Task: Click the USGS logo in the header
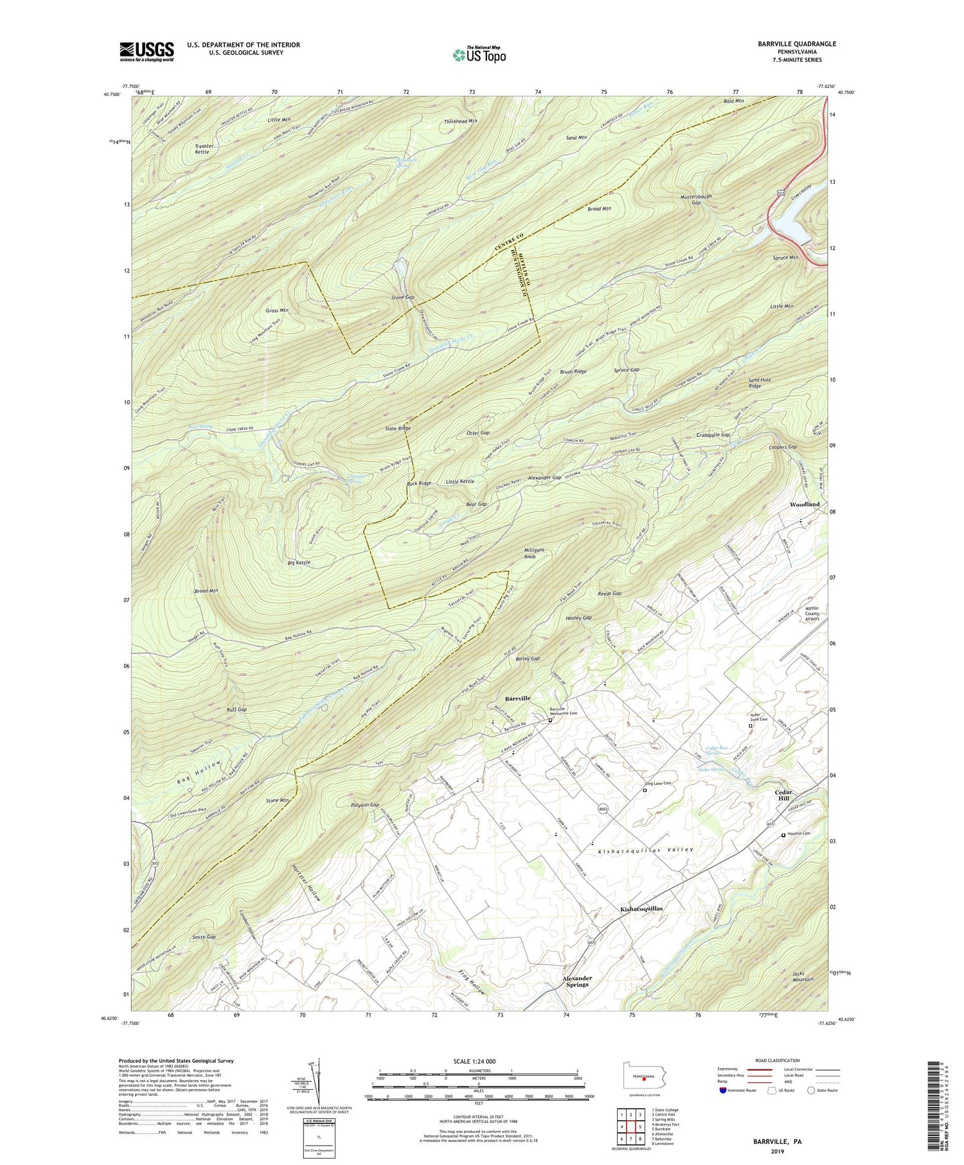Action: pyautogui.click(x=147, y=51)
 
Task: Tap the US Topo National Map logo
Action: pyautogui.click(x=479, y=54)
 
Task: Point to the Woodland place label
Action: pyautogui.click(x=805, y=504)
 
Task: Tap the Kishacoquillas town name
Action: pyautogui.click(x=641, y=909)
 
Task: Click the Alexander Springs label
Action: pyautogui.click(x=577, y=981)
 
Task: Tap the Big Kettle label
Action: pyautogui.click(x=299, y=562)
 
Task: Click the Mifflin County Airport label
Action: pyautogui.click(x=812, y=613)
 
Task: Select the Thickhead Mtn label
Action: pyautogui.click(x=460, y=121)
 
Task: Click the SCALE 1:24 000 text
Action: pyautogui.click(x=478, y=1061)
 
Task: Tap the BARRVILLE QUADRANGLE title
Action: pyautogui.click(x=796, y=44)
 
